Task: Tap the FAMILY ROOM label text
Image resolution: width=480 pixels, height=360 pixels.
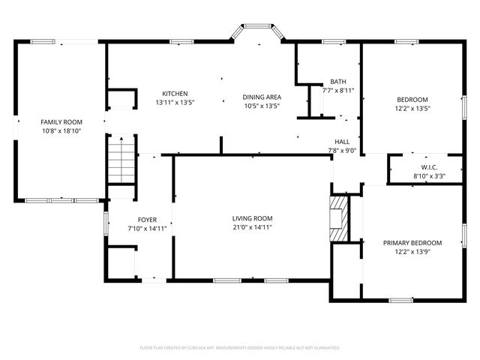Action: pyautogui.click(x=61, y=121)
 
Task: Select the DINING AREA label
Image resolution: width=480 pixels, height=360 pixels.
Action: pyautogui.click(x=261, y=97)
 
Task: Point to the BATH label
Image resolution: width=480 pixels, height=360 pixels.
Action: pyautogui.click(x=337, y=82)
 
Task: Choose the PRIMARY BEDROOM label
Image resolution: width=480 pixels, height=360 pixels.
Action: pyautogui.click(x=412, y=242)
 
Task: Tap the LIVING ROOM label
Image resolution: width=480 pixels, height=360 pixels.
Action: pyautogui.click(x=251, y=217)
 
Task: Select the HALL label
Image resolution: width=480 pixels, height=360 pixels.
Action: pyautogui.click(x=342, y=141)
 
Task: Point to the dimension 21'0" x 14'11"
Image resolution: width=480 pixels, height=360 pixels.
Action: pyautogui.click(x=251, y=226)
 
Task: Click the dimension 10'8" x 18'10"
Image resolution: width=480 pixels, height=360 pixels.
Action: pyautogui.click(x=61, y=130)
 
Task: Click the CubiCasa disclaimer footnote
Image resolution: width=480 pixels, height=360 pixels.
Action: pyautogui.click(x=240, y=348)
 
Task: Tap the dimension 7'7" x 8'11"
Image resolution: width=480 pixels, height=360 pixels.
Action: pyautogui.click(x=337, y=91)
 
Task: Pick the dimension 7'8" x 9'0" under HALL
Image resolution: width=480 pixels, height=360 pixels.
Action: pyautogui.click(x=342, y=150)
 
